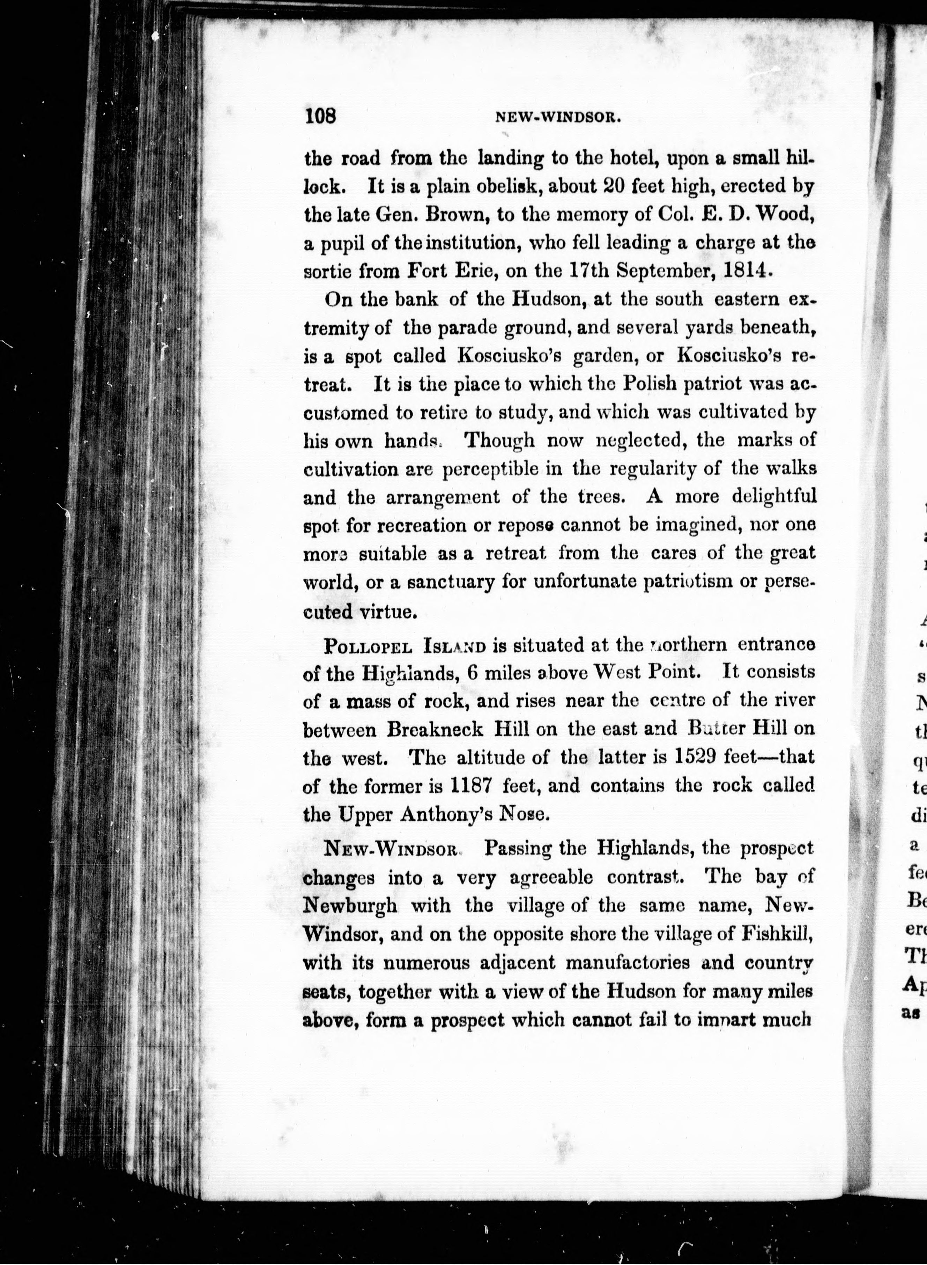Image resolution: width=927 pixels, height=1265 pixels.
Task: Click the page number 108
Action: pos(320,116)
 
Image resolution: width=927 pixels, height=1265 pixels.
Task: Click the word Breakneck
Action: pos(435,729)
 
